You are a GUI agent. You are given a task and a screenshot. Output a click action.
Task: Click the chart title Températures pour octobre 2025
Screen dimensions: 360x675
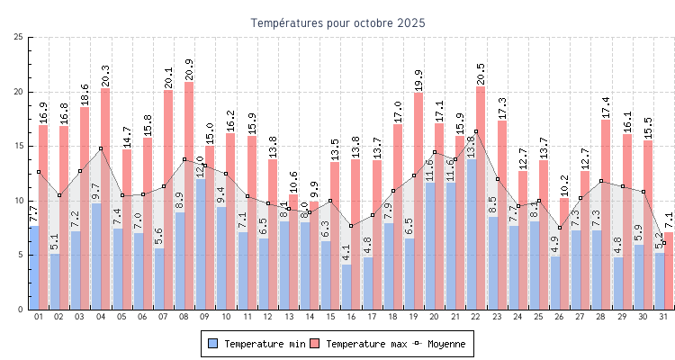[x=337, y=22]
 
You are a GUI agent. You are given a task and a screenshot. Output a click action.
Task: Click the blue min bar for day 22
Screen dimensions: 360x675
[x=472, y=234]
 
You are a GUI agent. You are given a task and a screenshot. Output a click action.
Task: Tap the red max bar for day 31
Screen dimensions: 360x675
[x=668, y=270]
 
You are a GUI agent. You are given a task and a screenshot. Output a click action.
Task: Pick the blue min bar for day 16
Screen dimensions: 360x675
[x=346, y=286]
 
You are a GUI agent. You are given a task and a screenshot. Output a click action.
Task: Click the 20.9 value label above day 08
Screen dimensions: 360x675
[x=189, y=70]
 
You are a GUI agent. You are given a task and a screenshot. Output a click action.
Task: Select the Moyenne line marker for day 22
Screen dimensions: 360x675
[x=476, y=131]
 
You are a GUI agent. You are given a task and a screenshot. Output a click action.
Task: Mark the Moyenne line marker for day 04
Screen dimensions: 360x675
[x=101, y=148]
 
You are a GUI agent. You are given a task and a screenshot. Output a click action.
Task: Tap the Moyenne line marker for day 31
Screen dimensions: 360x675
[x=663, y=244]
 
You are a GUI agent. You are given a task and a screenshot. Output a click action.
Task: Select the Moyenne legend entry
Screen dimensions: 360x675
[x=440, y=344]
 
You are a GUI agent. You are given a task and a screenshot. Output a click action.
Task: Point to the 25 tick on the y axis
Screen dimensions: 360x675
[x=19, y=37]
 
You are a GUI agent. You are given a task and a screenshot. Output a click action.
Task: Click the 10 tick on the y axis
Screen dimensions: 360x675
[x=19, y=201]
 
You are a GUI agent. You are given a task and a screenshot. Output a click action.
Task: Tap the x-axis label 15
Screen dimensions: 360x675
[x=330, y=317]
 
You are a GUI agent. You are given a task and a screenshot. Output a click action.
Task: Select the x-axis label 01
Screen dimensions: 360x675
[x=39, y=317]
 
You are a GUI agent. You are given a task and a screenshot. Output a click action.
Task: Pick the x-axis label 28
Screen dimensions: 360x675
[x=601, y=317]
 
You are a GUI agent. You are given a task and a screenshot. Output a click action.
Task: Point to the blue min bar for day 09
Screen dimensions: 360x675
[x=201, y=244]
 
